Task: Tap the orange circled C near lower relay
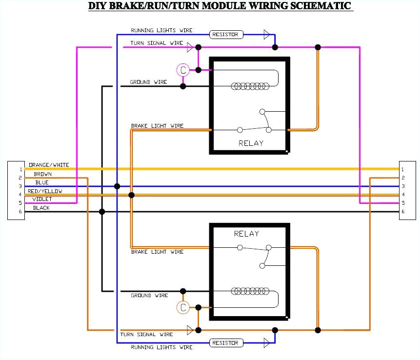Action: point(183,307)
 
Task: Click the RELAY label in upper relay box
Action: point(251,143)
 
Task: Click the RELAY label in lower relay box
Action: point(246,234)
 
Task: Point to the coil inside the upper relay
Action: point(251,86)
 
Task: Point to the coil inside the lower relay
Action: point(251,291)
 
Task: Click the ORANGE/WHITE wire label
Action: point(49,165)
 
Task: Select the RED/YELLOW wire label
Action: point(45,191)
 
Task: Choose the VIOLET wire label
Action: point(42,199)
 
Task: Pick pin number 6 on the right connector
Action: point(402,212)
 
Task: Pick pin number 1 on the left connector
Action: point(20,169)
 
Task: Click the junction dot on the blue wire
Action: point(117,186)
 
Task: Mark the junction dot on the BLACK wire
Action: point(102,212)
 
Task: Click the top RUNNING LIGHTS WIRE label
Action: point(161,30)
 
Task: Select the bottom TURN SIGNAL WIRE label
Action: point(146,335)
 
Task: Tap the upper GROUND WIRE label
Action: point(148,82)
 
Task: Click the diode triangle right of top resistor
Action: point(266,34)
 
